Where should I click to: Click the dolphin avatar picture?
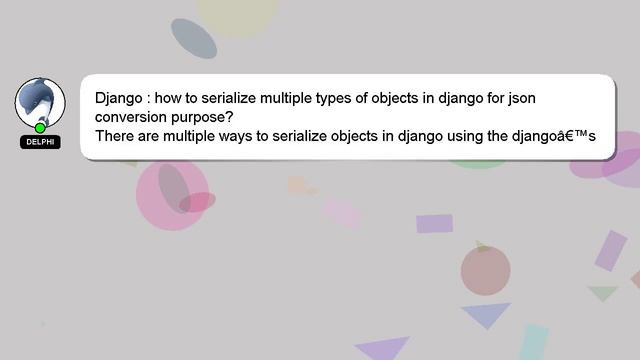pyautogui.click(x=40, y=101)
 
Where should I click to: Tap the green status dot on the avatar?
pyautogui.click(x=40, y=128)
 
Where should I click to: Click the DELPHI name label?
pyautogui.click(x=40, y=142)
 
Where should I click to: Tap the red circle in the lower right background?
pyautogui.click(x=486, y=270)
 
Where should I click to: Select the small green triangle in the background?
pyautogui.click(x=602, y=293)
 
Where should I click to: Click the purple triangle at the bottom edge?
pyautogui.click(x=384, y=349)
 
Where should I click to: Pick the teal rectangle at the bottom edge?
pyautogui.click(x=533, y=342)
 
